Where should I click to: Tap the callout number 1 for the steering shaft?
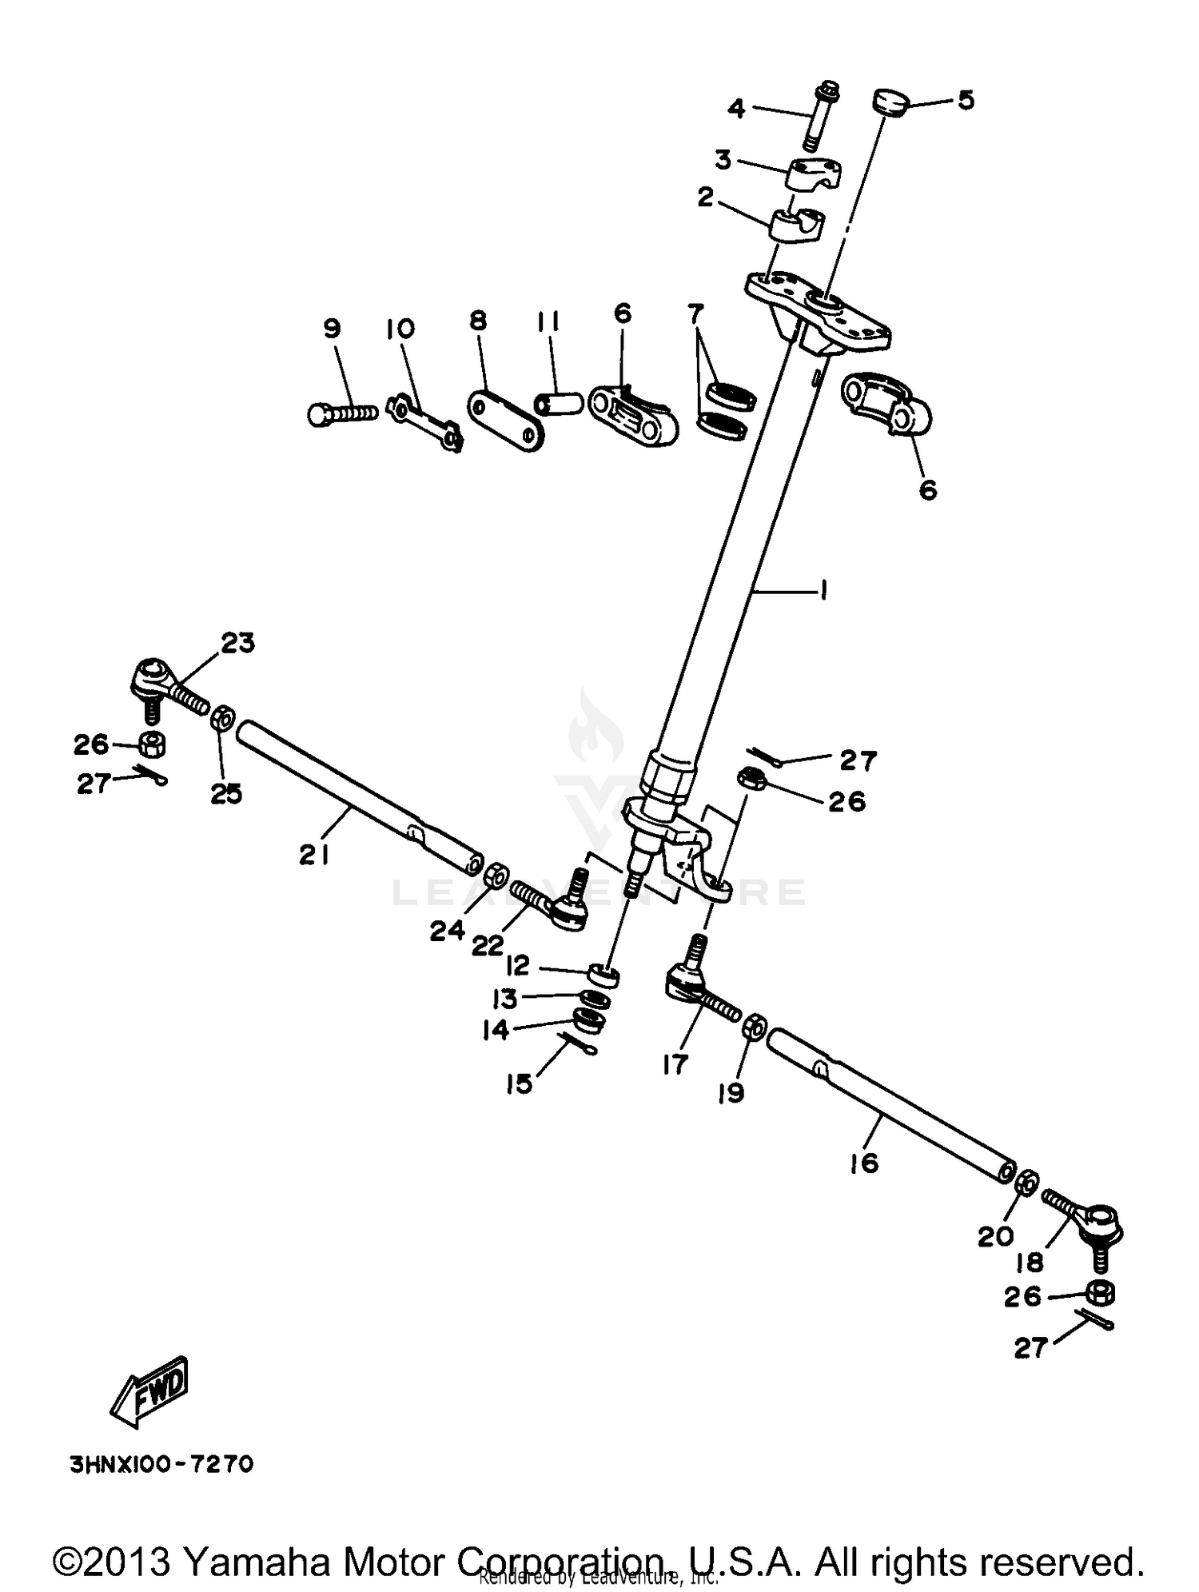[823, 591]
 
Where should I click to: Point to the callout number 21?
[313, 856]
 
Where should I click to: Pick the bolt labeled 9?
[342, 413]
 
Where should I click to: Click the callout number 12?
[518, 966]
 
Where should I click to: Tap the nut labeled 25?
[223, 718]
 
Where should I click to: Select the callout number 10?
[401, 329]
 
